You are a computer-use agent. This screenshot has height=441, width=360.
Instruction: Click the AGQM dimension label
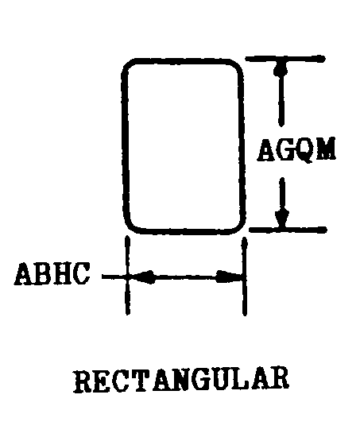296,150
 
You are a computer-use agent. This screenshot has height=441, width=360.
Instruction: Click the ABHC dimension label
52,273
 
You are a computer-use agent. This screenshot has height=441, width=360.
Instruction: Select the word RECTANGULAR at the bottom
181,381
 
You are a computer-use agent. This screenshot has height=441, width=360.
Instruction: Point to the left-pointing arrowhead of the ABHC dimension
143,277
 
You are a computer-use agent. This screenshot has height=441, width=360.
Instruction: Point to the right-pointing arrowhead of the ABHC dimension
228,277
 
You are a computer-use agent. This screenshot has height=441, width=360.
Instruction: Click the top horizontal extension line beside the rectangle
285,59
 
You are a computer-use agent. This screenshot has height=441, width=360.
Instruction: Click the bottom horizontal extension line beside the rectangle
288,230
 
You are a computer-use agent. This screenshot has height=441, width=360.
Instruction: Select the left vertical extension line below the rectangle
128,275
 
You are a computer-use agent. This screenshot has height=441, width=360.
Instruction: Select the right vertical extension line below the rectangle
245,277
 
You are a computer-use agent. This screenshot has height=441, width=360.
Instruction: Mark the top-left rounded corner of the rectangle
127,65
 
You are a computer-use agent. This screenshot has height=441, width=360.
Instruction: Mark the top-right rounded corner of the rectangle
237,65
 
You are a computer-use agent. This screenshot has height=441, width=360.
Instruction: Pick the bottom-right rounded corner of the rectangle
240,227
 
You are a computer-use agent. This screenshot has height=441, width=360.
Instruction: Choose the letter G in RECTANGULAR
207,381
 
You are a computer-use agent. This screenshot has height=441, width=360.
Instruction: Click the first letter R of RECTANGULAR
83,381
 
